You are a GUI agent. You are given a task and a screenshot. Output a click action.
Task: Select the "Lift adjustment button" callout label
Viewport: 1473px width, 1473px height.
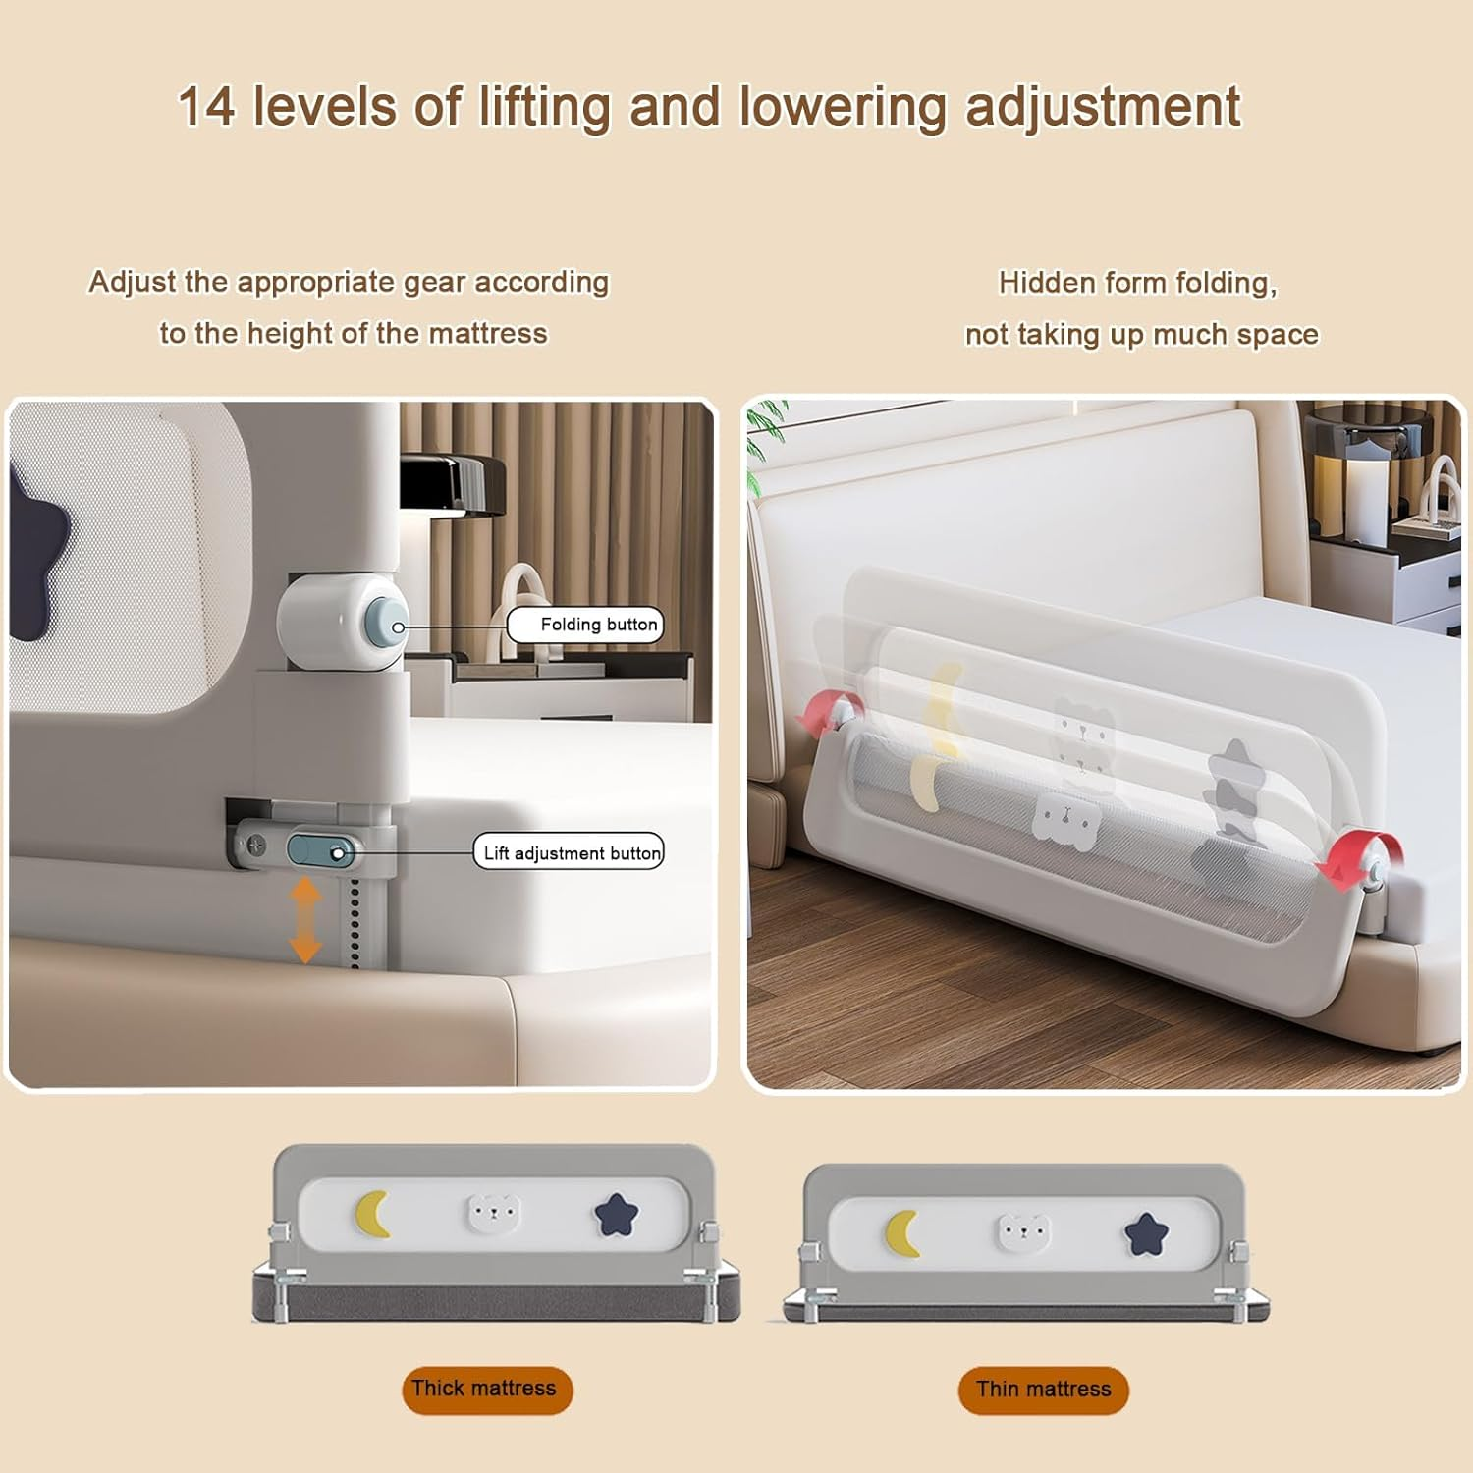tap(570, 852)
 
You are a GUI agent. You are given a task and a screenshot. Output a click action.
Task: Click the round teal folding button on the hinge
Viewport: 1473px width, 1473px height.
tap(387, 626)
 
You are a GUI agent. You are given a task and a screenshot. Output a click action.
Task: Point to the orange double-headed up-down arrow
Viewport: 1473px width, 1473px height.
tap(305, 920)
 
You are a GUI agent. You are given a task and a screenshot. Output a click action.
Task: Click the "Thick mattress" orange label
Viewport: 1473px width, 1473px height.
tap(486, 1389)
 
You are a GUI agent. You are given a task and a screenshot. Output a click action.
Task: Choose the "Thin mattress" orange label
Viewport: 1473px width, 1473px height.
tap(1043, 1390)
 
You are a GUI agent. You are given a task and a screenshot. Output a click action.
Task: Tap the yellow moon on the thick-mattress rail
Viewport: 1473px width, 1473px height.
tap(372, 1214)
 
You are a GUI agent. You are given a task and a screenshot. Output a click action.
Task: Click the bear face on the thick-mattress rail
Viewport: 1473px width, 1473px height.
tap(493, 1214)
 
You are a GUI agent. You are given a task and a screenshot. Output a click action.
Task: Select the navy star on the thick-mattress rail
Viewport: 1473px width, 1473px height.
tap(617, 1216)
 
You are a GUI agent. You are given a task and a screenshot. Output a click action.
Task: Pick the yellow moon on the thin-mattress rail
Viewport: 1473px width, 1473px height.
tap(902, 1233)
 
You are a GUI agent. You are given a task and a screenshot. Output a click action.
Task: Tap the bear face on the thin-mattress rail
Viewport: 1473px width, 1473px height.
tap(1023, 1231)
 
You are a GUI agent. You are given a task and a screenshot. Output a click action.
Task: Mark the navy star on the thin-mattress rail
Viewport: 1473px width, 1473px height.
tap(1146, 1234)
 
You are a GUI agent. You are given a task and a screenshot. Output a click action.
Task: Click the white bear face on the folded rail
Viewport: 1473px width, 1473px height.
tap(1064, 819)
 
